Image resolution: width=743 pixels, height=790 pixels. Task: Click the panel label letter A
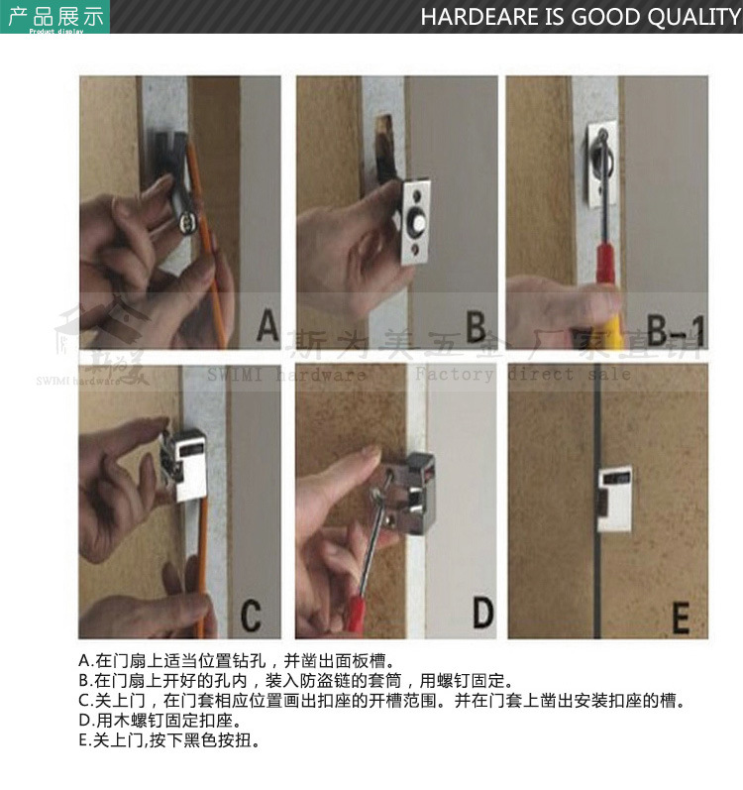[x=266, y=325]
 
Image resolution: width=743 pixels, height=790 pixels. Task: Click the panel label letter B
[x=476, y=326]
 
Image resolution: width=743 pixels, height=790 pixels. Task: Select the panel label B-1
[x=672, y=327]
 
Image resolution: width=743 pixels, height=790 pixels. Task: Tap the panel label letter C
[x=251, y=616]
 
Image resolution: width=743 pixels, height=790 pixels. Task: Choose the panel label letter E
[x=681, y=618]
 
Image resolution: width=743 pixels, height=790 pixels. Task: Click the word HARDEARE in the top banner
[x=477, y=17]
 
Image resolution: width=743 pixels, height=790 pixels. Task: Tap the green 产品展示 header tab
[x=55, y=17]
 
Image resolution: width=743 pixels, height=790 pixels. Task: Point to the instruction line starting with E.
[x=169, y=740]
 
